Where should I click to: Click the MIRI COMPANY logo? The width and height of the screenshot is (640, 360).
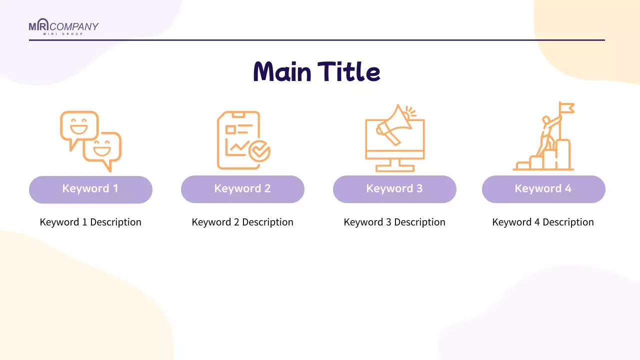tap(63, 26)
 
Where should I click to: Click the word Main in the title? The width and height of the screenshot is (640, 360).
tap(282, 71)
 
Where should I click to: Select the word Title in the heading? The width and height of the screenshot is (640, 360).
tap(349, 71)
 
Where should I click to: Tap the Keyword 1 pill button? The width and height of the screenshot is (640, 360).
tap(90, 189)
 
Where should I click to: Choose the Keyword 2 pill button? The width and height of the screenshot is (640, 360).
tap(242, 189)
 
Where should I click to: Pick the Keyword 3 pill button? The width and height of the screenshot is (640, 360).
tap(394, 189)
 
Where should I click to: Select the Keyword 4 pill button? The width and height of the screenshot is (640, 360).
tap(543, 189)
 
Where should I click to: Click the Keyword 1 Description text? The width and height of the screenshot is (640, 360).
tap(90, 222)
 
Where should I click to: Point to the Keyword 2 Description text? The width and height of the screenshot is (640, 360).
tap(242, 222)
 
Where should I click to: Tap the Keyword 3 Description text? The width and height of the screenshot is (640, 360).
tap(394, 222)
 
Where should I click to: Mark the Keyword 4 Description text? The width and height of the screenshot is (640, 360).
tap(543, 222)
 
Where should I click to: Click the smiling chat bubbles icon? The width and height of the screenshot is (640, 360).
tap(90, 141)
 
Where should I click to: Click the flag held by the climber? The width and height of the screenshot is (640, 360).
tap(567, 107)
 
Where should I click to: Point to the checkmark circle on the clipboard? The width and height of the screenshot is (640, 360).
tap(259, 151)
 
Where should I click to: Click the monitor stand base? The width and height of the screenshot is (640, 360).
tap(395, 168)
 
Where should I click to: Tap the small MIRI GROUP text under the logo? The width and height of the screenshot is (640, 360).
tap(63, 33)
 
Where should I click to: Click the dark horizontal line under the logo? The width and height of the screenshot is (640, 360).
tap(317, 40)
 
